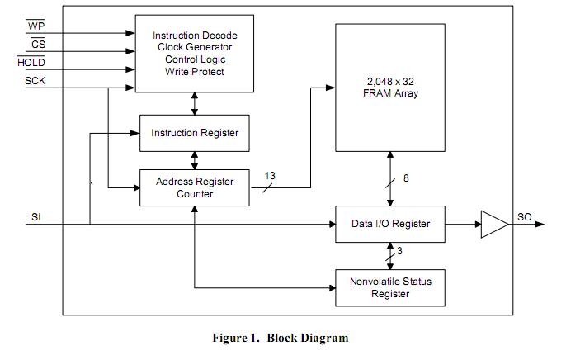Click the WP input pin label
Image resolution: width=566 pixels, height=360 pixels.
(x=36, y=26)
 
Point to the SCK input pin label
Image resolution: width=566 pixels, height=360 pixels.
(x=35, y=80)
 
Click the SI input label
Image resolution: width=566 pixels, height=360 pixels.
(x=35, y=216)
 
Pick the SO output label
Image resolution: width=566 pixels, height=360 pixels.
(x=525, y=216)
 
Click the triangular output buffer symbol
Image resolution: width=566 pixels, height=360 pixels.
(x=493, y=224)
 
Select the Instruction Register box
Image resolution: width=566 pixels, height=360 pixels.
(x=194, y=133)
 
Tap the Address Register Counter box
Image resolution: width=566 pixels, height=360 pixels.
(x=194, y=188)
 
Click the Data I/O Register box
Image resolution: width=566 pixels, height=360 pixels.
(x=390, y=224)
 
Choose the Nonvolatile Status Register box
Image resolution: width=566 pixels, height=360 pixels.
(x=390, y=287)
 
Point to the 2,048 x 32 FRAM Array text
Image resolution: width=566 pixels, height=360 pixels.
(x=390, y=88)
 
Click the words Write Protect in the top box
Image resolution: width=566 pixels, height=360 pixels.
(x=195, y=72)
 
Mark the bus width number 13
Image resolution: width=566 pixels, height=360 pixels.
(x=270, y=175)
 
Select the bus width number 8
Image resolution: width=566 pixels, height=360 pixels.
(x=405, y=179)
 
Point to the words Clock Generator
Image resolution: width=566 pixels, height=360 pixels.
(x=195, y=47)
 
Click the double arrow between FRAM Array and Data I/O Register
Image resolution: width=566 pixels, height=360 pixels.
(x=390, y=189)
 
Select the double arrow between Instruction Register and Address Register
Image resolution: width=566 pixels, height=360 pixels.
(x=195, y=160)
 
